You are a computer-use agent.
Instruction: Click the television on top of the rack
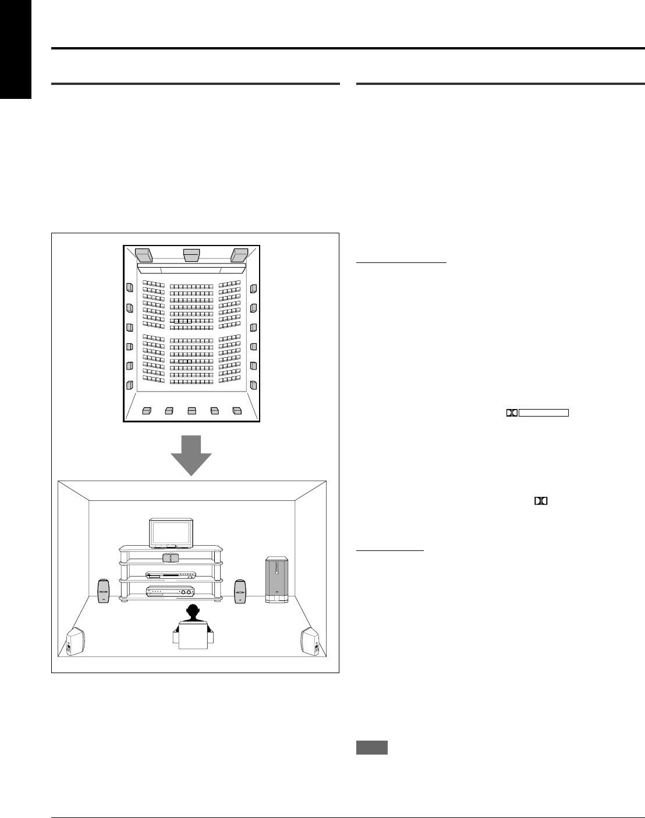coord(170,534)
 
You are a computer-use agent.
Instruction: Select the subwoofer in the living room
coord(276,579)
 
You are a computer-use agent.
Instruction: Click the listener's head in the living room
coord(193,613)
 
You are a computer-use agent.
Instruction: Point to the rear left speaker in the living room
coord(76,641)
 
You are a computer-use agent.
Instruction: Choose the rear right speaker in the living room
coord(310,641)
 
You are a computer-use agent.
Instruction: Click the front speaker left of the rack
coord(103,591)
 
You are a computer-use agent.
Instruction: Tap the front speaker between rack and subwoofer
coord(240,591)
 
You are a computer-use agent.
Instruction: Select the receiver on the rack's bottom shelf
coord(171,592)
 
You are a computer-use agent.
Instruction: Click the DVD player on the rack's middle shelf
coord(171,575)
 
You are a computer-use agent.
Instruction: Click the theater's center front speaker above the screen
coord(192,255)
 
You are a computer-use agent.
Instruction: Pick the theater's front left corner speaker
coord(143,255)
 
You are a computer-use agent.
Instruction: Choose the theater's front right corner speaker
coord(240,255)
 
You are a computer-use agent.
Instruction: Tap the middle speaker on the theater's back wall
coord(192,411)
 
